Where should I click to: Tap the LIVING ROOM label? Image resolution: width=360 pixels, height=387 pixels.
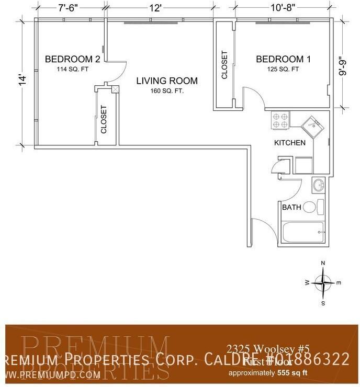tap(167, 81)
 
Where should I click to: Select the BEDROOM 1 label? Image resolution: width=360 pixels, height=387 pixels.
tap(283, 59)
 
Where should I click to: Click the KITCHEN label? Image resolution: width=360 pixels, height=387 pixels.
tap(290, 143)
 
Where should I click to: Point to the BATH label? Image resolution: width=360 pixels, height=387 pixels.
tap(291, 208)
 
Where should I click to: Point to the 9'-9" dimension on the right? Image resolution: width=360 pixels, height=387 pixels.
tap(343, 66)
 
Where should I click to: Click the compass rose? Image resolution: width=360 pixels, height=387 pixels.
tap(324, 283)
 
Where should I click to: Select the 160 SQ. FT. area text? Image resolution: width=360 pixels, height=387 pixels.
tap(167, 90)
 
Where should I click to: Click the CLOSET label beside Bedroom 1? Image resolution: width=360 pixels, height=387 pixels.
tap(224, 64)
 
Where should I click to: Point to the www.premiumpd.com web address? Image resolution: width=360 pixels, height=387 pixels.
tap(48, 374)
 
